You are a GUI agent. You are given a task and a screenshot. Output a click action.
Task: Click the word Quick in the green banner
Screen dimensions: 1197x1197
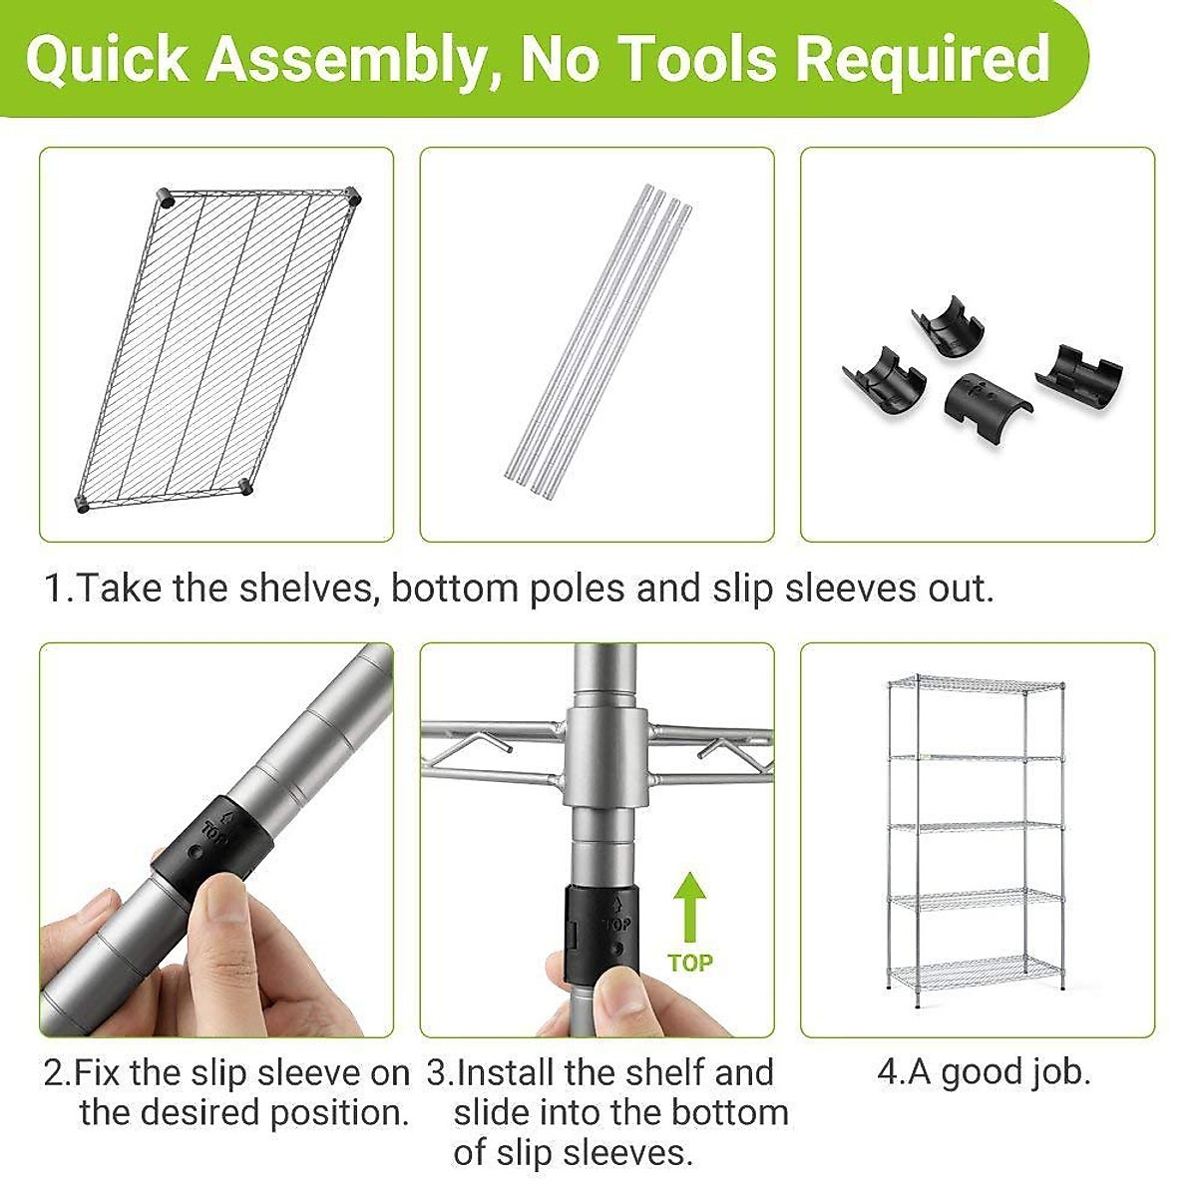[x=106, y=60]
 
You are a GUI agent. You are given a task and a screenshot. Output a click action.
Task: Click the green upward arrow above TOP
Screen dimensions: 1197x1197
[x=689, y=907]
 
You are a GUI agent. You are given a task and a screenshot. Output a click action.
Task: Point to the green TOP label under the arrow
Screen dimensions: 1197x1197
[x=690, y=964]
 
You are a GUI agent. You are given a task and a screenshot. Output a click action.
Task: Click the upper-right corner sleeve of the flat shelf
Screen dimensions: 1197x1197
[x=353, y=196]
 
